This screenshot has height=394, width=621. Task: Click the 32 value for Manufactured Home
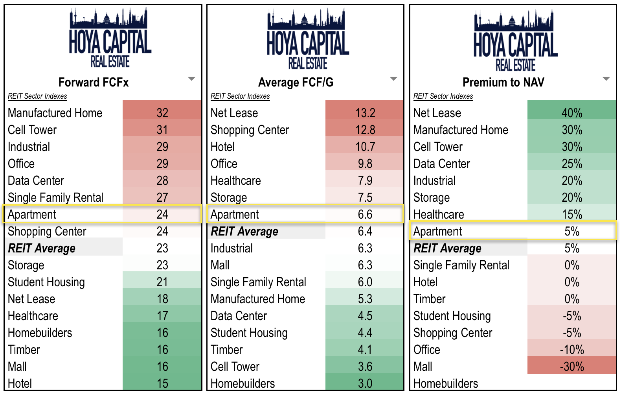click(x=162, y=113)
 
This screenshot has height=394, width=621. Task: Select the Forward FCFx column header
click(x=94, y=82)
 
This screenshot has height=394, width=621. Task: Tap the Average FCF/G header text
click(x=296, y=82)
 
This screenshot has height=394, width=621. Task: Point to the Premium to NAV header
click(x=503, y=82)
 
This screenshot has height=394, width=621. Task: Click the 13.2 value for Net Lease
click(x=365, y=113)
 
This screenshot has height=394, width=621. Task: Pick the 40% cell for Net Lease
click(x=571, y=113)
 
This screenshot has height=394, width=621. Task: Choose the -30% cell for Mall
click(x=571, y=366)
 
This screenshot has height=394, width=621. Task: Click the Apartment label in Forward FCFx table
click(x=32, y=214)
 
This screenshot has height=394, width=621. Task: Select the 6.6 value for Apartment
click(x=365, y=214)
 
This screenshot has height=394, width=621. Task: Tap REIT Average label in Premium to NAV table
click(x=447, y=248)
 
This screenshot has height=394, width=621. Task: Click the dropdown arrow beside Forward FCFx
click(x=191, y=79)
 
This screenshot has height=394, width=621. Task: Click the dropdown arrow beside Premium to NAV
click(x=606, y=79)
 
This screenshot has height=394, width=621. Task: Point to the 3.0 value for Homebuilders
click(x=365, y=383)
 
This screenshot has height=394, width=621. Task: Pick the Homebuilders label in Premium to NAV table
click(x=446, y=383)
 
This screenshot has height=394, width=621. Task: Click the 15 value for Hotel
click(x=162, y=383)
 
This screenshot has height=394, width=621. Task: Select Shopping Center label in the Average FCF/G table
click(x=250, y=130)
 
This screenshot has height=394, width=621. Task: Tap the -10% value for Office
click(x=571, y=350)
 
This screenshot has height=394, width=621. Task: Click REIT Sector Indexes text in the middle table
click(x=240, y=96)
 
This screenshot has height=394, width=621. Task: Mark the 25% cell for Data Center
click(x=571, y=164)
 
